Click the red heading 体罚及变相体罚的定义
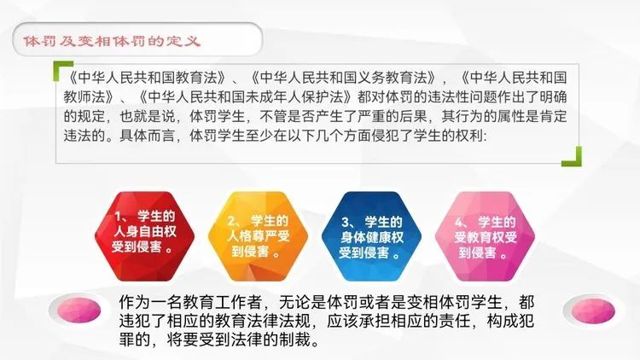(x=112, y=41)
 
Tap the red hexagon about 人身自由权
(x=144, y=236)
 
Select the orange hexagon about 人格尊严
(x=258, y=236)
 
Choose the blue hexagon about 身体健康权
(x=371, y=236)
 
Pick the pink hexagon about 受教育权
(x=485, y=236)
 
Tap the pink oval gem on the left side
(x=79, y=311)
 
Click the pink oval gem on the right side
(x=593, y=311)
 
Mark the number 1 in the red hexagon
(x=119, y=217)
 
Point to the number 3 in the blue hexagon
(x=346, y=223)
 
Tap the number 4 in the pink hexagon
(x=459, y=223)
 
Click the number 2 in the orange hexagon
(x=232, y=221)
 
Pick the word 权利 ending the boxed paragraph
(x=468, y=136)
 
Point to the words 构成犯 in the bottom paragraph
(x=510, y=322)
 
